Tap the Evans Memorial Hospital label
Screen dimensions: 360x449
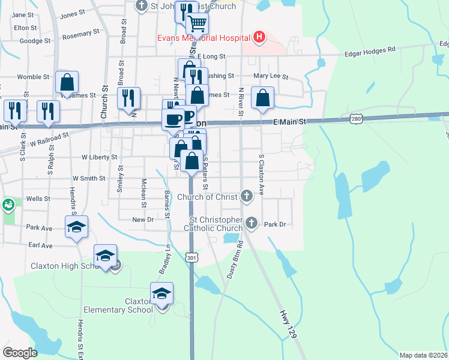click(x=203, y=38)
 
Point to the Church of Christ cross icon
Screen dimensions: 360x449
click(x=246, y=196)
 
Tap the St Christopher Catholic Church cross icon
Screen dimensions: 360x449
click(x=252, y=223)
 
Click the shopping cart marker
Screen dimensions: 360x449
click(x=197, y=24)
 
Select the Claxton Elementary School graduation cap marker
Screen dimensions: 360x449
click(x=161, y=293)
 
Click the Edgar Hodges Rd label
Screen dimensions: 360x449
click(x=370, y=53)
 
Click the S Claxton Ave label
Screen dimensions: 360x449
click(x=262, y=174)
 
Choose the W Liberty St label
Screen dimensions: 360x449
click(x=100, y=157)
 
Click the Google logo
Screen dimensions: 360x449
click(x=20, y=352)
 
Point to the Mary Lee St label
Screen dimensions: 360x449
click(x=271, y=77)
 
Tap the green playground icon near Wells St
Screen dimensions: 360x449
click(x=9, y=205)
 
